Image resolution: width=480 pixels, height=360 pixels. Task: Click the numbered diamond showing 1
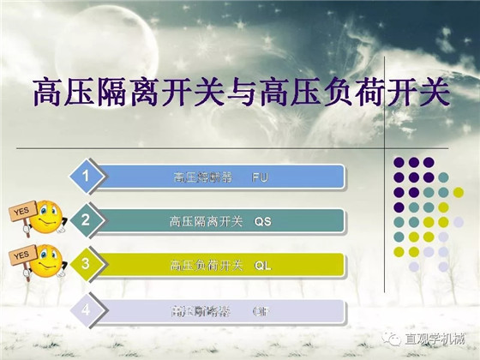click(87, 177)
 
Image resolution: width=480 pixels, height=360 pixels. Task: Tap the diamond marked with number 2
click(87, 220)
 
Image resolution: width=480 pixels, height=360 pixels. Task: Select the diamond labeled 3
click(87, 264)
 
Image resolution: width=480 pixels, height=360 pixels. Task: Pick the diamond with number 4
click(87, 309)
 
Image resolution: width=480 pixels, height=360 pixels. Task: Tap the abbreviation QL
click(262, 266)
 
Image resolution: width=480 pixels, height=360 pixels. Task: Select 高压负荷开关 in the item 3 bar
click(207, 266)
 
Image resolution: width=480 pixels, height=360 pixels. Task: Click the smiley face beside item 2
click(48, 216)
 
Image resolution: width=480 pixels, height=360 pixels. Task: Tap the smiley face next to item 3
click(48, 260)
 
